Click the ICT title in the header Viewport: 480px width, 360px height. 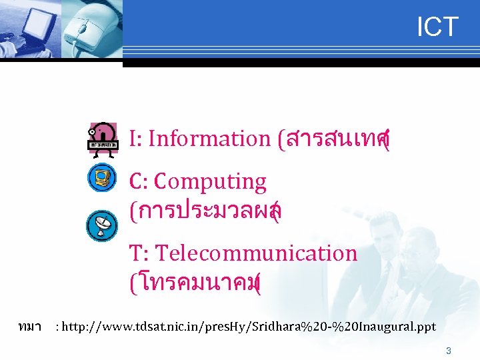click(437, 27)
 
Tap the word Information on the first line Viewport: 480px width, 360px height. click(208, 139)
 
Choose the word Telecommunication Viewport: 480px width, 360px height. click(257, 253)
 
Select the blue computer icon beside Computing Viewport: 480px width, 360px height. click(103, 177)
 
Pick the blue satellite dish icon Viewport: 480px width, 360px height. click(103, 226)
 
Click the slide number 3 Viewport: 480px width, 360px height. click(449, 351)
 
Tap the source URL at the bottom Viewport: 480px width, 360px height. click(247, 327)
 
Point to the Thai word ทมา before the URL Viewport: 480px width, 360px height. click(31, 327)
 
